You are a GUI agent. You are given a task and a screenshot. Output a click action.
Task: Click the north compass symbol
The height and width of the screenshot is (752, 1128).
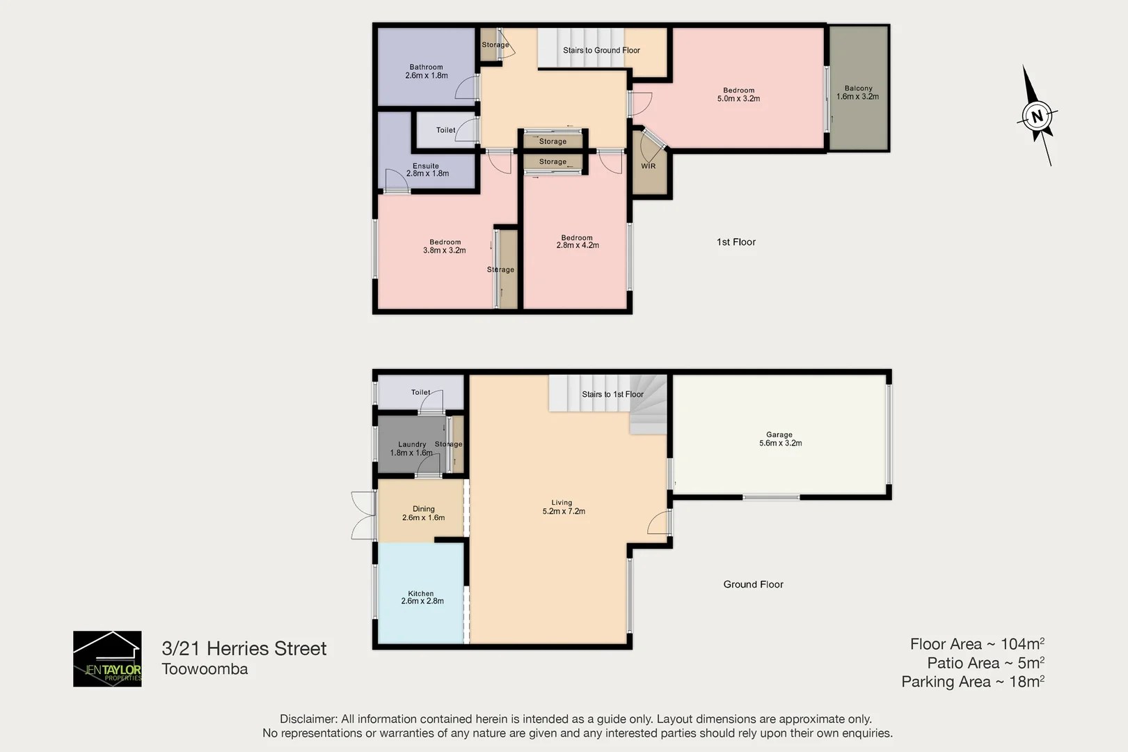pos(1037,116)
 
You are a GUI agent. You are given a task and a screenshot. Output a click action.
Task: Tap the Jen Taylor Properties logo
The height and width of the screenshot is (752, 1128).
pos(107,659)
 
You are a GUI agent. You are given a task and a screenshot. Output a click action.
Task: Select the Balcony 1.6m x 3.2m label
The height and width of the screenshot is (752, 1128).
pos(858,93)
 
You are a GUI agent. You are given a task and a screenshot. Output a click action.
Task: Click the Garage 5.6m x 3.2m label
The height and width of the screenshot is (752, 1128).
pos(780,439)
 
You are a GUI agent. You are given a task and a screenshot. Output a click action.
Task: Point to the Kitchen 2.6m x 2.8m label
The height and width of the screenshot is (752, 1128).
pos(422,597)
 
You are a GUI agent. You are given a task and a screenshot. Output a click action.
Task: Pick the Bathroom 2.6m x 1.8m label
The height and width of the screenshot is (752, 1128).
pos(426,72)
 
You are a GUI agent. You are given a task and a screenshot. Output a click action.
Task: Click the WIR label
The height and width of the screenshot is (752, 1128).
pos(648,166)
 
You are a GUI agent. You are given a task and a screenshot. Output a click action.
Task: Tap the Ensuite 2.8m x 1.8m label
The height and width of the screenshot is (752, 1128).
pos(427,170)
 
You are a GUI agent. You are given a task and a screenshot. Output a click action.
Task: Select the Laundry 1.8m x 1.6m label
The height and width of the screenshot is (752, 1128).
pos(412,448)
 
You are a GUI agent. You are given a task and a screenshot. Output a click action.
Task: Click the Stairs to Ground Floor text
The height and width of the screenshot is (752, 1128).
pos(601,50)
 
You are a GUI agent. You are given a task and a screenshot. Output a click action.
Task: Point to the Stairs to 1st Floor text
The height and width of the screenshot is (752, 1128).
pos(612,394)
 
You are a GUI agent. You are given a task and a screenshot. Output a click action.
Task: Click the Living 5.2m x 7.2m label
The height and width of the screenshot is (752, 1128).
pos(563,507)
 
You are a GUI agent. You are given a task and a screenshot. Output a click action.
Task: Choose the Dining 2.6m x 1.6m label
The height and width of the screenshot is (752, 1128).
pos(423,513)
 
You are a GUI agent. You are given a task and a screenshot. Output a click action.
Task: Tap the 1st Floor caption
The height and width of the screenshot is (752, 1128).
pos(736,242)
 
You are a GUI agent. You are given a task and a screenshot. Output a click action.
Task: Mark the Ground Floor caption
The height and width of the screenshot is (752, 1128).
pos(753,584)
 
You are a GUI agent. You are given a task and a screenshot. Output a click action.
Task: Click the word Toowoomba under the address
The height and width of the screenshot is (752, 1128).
pos(205,669)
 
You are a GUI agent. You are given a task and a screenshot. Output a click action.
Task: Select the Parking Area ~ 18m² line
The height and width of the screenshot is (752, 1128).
pos(972,682)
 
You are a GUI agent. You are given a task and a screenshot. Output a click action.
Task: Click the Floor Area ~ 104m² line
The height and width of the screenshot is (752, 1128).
pos(976,644)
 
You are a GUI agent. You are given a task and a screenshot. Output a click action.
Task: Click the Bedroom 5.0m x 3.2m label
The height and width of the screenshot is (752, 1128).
pos(738,95)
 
